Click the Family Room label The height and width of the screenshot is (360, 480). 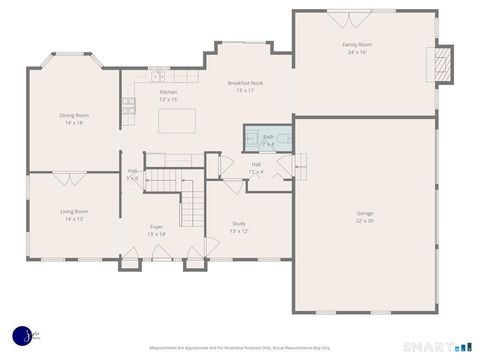pyautogui.click(x=357, y=45)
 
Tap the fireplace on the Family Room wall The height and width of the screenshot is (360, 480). pyautogui.click(x=440, y=65)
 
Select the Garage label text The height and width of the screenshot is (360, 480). pyautogui.click(x=365, y=213)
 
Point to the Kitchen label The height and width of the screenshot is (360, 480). pyautogui.click(x=168, y=92)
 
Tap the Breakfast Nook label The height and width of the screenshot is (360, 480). pyautogui.click(x=245, y=83)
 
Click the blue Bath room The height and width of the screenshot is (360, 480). pyautogui.click(x=268, y=139)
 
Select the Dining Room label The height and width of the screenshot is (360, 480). pyautogui.click(x=74, y=116)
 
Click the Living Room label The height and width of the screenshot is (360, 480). pyautogui.click(x=74, y=212)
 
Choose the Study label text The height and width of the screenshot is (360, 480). pyautogui.click(x=238, y=224)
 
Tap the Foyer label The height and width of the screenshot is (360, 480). pyautogui.click(x=157, y=227)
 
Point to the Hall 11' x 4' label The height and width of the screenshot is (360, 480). pyautogui.click(x=256, y=165)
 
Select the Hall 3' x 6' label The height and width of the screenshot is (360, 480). pyautogui.click(x=132, y=172)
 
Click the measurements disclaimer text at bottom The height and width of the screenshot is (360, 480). pyautogui.click(x=240, y=348)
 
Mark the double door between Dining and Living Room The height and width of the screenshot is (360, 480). pyautogui.click(x=68, y=178)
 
